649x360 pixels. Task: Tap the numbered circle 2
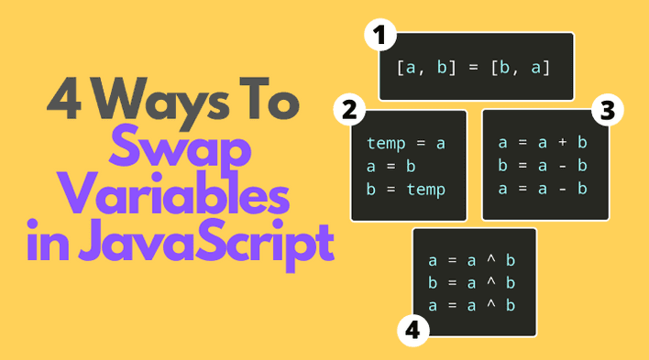(347, 110)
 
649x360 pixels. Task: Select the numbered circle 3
(606, 110)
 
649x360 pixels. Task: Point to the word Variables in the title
(181, 194)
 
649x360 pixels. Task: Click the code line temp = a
(405, 143)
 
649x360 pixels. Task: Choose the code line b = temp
(405, 190)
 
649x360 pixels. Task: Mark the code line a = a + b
(543, 143)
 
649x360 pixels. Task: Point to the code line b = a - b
(543, 166)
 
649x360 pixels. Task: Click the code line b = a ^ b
(472, 281)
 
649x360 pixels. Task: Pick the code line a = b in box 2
(392, 166)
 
